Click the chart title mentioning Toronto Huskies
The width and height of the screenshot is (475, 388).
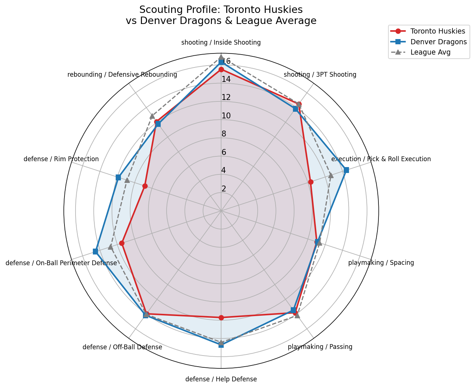tap(221, 15)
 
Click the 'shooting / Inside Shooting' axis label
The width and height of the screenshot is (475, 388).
tap(221, 42)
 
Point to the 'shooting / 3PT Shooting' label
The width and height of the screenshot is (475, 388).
tap(320, 75)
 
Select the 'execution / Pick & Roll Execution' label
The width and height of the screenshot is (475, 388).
tap(381, 159)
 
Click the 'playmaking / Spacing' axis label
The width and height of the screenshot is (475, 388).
tap(381, 263)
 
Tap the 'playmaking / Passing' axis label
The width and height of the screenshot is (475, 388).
tap(320, 347)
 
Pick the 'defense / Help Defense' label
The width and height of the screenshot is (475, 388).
tap(221, 379)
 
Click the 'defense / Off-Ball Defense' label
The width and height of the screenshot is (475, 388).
tap(122, 347)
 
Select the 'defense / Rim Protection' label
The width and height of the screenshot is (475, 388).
tap(61, 159)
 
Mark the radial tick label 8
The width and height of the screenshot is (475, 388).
tap(224, 134)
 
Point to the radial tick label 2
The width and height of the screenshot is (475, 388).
tap(224, 189)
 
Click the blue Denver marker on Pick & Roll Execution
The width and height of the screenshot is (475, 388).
tap(346, 170)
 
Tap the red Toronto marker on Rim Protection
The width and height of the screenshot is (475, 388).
tap(145, 186)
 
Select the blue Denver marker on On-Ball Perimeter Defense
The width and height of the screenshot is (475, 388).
tap(95, 252)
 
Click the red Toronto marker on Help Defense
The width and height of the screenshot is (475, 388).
tap(221, 318)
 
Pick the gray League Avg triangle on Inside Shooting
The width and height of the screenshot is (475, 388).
tap(221, 57)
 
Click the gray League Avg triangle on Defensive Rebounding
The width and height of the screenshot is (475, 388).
tap(152, 116)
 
